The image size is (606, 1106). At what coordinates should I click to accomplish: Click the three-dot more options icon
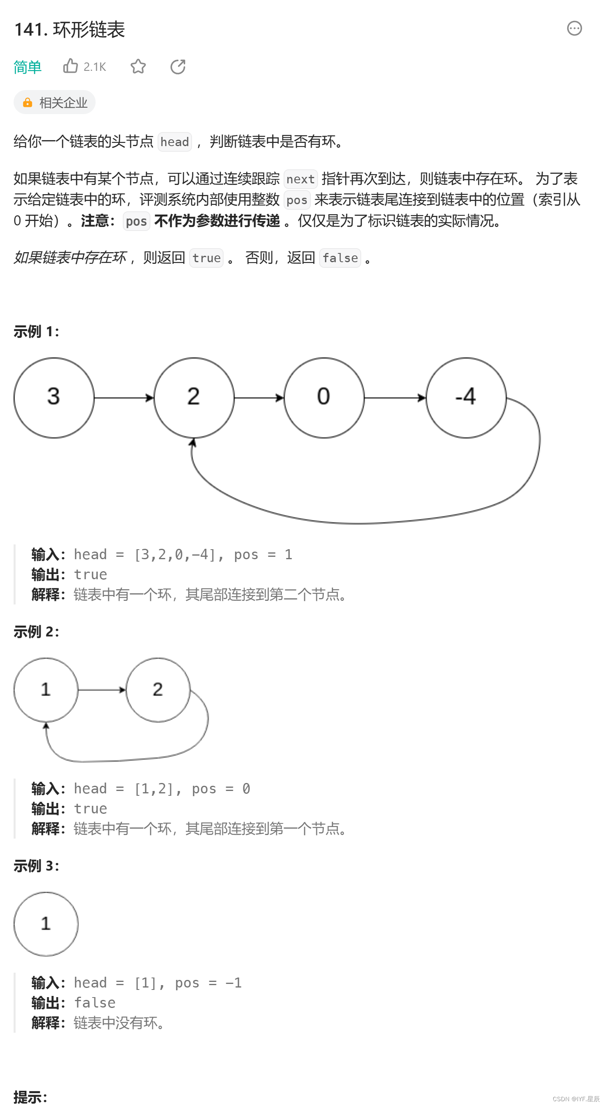(x=574, y=28)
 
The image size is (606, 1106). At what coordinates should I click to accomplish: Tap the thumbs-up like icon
(x=70, y=66)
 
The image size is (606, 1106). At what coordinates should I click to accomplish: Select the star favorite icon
(x=138, y=66)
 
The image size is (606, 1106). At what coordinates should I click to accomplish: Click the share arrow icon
(x=178, y=66)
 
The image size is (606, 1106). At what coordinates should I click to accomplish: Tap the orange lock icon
(x=28, y=102)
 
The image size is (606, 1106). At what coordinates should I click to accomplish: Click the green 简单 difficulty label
(x=28, y=67)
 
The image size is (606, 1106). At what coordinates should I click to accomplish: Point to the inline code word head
(x=174, y=142)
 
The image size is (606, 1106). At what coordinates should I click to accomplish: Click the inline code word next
(x=300, y=179)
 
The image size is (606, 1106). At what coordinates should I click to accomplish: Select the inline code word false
(x=340, y=258)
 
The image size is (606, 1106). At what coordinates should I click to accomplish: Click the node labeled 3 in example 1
(x=54, y=397)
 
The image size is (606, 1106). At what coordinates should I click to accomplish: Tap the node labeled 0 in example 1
(x=324, y=397)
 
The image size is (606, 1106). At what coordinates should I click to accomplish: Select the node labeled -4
(x=466, y=397)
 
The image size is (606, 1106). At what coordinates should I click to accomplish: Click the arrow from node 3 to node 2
(x=124, y=397)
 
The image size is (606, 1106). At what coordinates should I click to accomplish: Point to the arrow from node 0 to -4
(x=394, y=397)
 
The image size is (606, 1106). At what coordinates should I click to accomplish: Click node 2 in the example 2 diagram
(x=158, y=690)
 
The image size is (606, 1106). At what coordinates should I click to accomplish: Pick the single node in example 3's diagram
(x=46, y=923)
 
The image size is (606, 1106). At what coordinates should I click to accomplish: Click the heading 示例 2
(x=36, y=632)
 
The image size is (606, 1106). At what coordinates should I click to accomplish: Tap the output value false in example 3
(x=94, y=1003)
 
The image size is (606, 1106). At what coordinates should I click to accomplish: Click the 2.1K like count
(x=95, y=67)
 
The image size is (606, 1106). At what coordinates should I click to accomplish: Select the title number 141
(x=30, y=30)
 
